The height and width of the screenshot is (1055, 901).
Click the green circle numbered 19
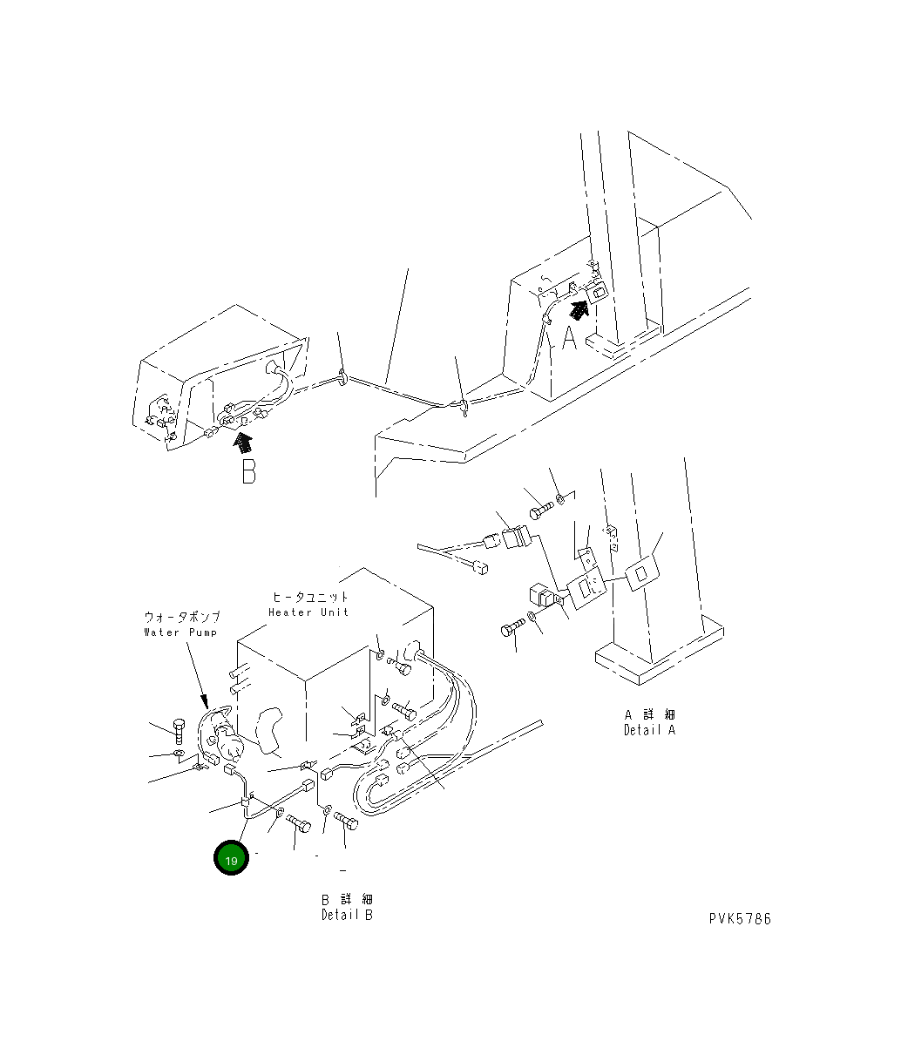231,859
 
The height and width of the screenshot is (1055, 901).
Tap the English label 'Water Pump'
180,632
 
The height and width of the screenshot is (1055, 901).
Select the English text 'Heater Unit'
308,612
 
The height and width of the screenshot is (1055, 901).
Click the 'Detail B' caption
346,916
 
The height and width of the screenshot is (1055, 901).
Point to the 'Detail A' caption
649,731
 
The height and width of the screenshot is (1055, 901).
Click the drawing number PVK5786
739,919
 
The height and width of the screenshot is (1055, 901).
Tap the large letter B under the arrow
248,471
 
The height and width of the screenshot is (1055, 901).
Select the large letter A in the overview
569,337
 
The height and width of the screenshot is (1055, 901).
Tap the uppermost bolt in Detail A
538,511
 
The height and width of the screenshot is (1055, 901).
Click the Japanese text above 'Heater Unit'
310,598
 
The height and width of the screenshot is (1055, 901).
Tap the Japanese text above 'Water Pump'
182,617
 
